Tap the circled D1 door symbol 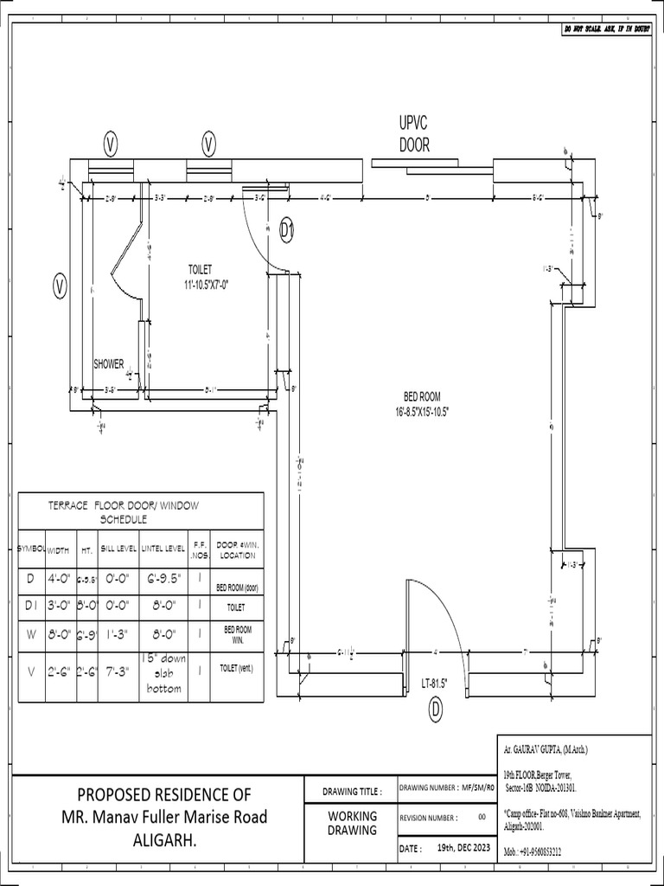(288, 229)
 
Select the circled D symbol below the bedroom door (436, 710)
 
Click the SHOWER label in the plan (108, 364)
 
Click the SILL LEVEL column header (118, 549)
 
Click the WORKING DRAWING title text (352, 823)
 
